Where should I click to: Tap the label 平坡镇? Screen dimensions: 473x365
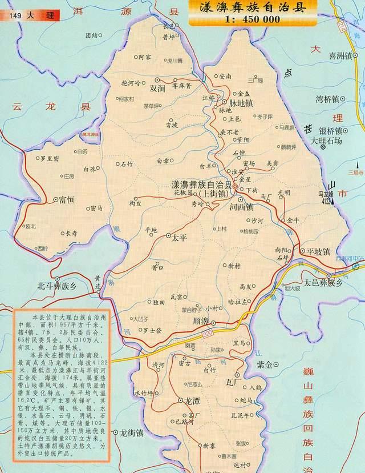point(319,251)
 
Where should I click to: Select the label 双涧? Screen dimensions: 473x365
point(157,89)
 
